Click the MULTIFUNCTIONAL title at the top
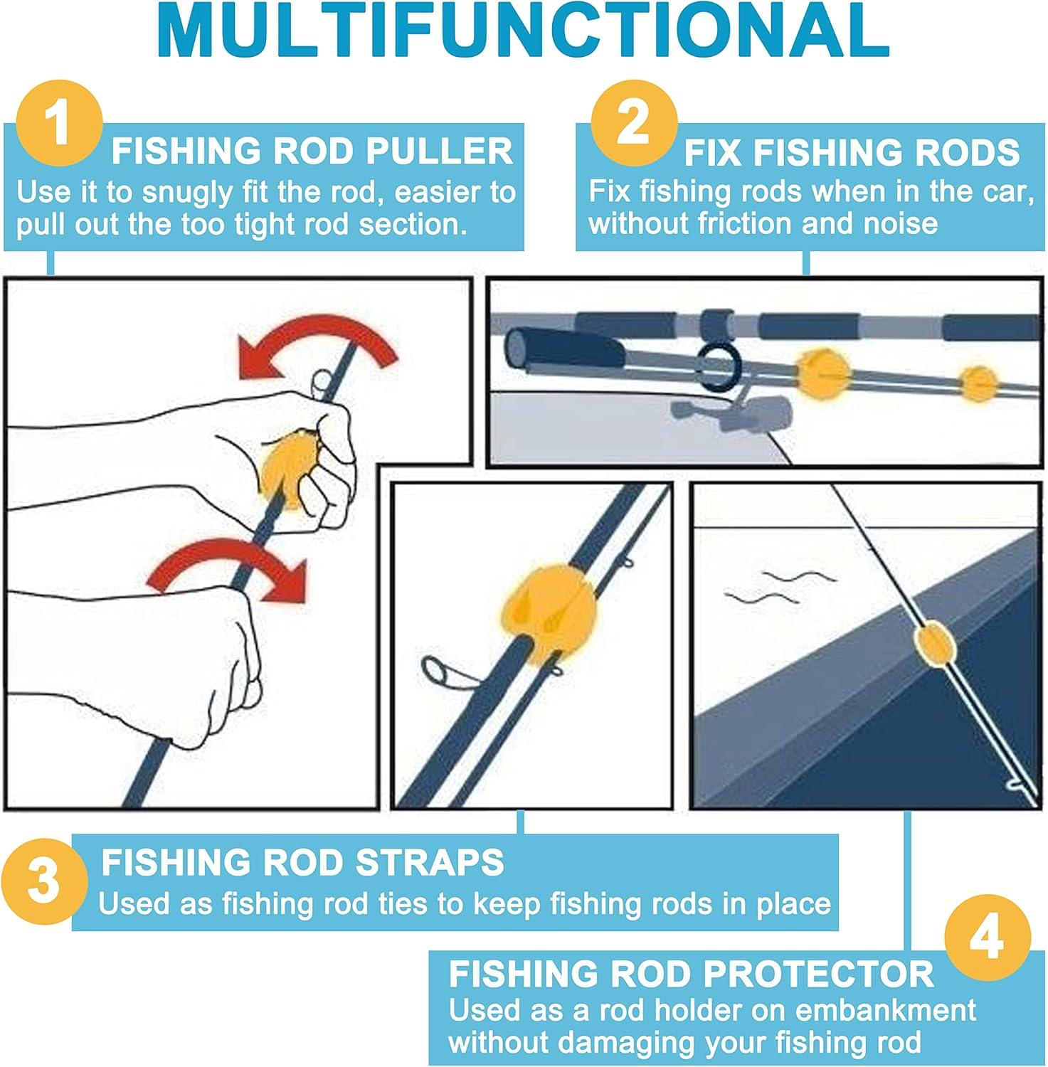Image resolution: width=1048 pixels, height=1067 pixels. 524,32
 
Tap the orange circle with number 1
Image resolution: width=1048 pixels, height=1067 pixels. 60,123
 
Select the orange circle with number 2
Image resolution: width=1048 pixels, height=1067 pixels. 634,122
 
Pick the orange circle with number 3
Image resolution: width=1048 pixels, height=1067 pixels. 44,881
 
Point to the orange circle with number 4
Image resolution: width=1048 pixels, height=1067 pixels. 987,938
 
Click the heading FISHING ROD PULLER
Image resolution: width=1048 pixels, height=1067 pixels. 312,152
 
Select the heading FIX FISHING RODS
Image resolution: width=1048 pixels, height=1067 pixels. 852,153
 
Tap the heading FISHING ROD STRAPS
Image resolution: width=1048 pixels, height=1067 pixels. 302,862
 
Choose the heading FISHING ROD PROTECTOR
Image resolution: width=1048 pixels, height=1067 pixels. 691,974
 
